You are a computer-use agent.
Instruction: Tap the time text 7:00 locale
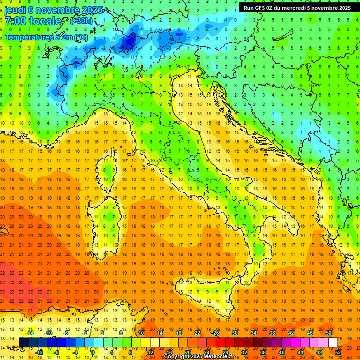(33, 21)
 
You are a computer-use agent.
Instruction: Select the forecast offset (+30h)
(81, 21)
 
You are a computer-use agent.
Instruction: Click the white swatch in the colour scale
(333, 342)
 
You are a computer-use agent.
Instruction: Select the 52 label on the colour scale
(338, 352)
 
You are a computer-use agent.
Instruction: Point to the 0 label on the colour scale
(93, 352)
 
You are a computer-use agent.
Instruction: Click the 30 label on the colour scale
(235, 332)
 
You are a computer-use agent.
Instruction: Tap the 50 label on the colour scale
(329, 332)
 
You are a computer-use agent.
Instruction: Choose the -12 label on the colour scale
(39, 352)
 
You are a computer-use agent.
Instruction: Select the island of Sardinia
(109, 220)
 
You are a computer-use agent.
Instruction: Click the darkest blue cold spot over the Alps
(127, 43)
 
